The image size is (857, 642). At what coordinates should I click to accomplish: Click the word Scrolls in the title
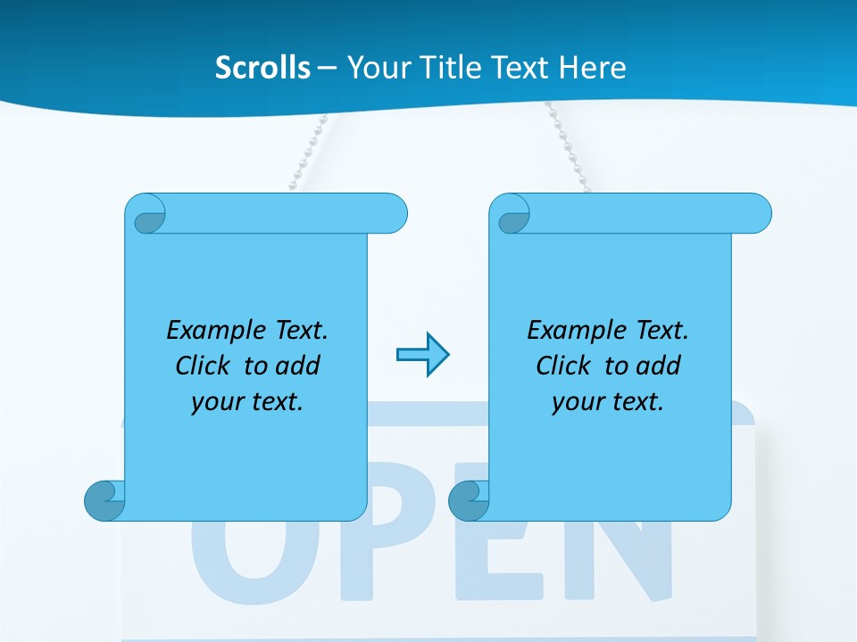[263, 68]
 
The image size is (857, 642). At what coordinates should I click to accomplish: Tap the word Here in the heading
[593, 68]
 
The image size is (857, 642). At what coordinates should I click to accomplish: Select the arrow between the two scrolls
[422, 355]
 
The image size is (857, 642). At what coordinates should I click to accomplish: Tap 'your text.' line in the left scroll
[247, 402]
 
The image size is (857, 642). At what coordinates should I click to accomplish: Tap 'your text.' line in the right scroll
[608, 402]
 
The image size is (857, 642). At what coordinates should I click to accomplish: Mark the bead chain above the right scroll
[563, 147]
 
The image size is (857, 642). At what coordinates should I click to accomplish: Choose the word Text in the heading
[520, 68]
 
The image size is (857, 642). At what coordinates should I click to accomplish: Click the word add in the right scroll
[655, 366]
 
